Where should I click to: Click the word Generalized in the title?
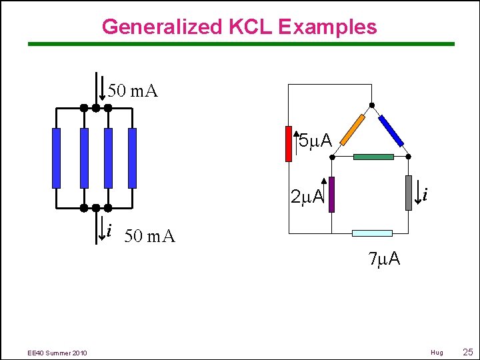(x=161, y=27)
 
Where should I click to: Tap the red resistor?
(x=289, y=143)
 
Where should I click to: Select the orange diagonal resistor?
(x=352, y=129)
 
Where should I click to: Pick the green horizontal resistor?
(x=373, y=157)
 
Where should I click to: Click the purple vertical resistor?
(x=331, y=194)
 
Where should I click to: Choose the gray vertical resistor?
(x=408, y=193)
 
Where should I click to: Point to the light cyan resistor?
(x=372, y=233)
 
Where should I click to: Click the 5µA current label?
(x=315, y=141)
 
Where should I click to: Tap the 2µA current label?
(x=307, y=197)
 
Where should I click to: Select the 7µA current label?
(x=384, y=259)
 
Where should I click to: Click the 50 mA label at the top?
(x=133, y=91)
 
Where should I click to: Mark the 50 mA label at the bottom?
(x=150, y=236)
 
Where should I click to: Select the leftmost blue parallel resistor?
(x=56, y=158)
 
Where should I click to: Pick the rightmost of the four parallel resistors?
(x=132, y=158)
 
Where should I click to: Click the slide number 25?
(x=467, y=351)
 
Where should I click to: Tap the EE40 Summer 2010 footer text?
(x=57, y=352)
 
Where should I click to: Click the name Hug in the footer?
(x=437, y=352)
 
